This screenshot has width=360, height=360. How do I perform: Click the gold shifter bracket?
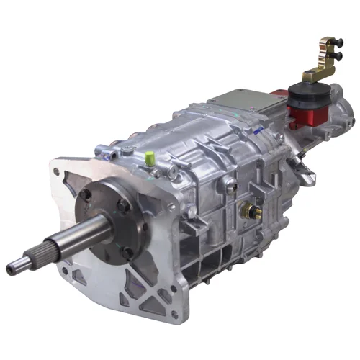pos(320,61)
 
